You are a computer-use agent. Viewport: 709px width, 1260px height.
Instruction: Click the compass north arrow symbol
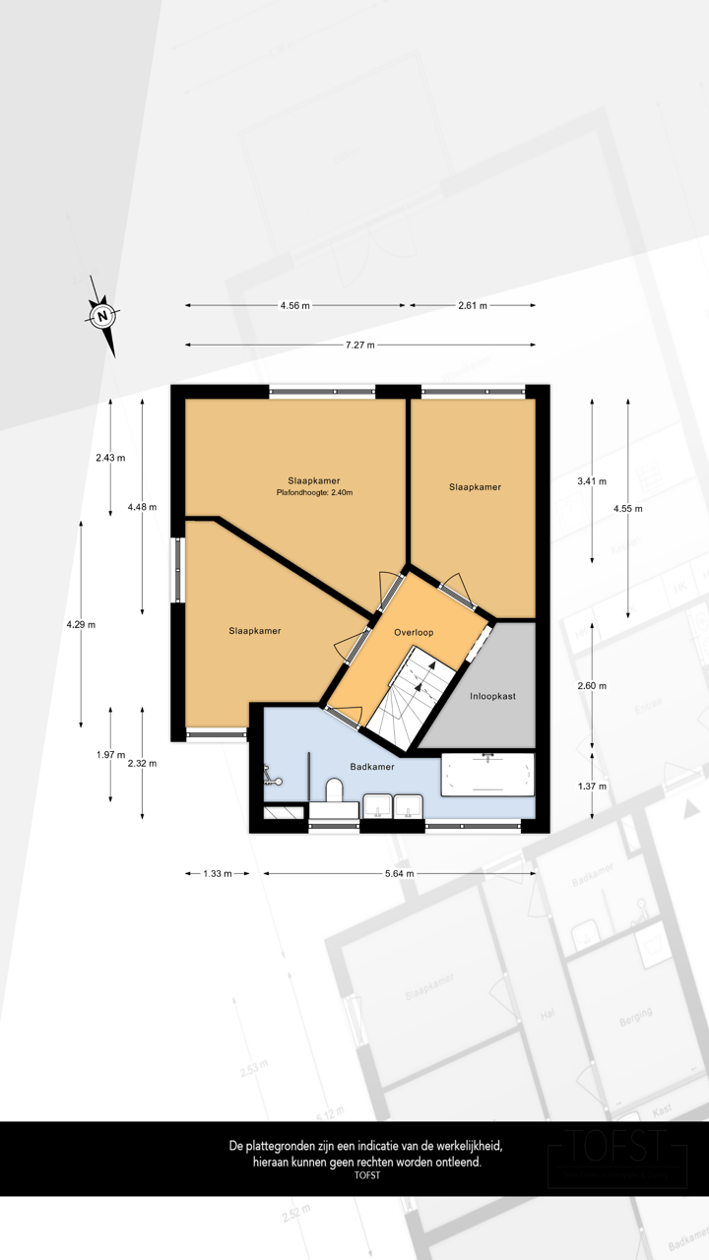[102, 316]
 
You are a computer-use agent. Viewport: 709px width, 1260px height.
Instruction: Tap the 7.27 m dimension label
[359, 346]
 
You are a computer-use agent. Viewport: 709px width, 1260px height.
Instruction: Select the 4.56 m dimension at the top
[294, 306]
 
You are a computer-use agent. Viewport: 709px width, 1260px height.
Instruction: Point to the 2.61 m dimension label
[473, 306]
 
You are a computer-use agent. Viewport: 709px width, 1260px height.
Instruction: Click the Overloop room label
[414, 632]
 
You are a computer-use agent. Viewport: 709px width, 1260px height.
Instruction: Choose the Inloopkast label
[492, 695]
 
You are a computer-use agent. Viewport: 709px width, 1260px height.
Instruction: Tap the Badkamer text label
[372, 765]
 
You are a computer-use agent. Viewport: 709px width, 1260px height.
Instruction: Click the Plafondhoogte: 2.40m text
[314, 492]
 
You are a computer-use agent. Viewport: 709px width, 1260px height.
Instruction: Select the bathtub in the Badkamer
[487, 774]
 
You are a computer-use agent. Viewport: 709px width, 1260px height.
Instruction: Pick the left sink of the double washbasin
[377, 807]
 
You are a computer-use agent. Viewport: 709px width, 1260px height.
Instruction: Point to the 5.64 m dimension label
[398, 873]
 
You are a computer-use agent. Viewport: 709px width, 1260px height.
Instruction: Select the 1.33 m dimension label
[217, 873]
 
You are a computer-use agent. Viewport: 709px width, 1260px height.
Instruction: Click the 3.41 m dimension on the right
[592, 481]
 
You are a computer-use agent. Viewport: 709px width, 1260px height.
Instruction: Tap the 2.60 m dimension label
[592, 686]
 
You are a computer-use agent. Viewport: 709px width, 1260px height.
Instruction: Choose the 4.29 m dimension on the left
[81, 624]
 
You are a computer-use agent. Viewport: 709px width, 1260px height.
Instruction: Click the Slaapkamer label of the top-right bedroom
[475, 487]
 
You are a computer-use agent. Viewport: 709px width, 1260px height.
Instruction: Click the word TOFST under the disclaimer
[366, 1174]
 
